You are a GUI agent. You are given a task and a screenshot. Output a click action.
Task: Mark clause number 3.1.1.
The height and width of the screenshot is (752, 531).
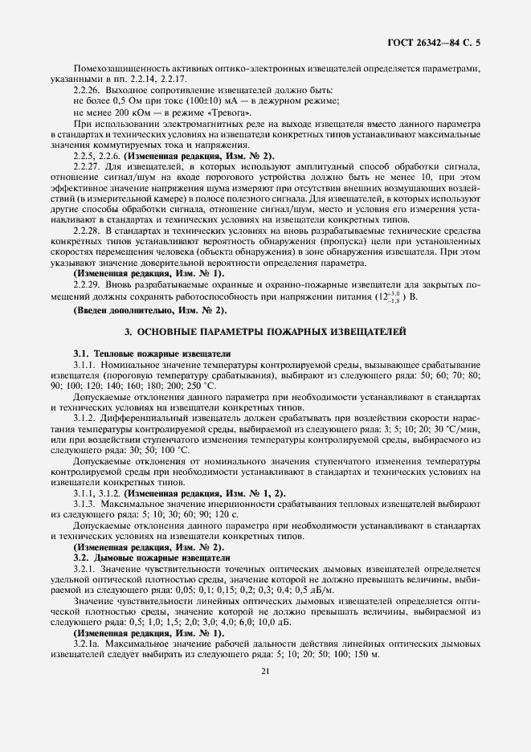[x=86, y=365]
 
